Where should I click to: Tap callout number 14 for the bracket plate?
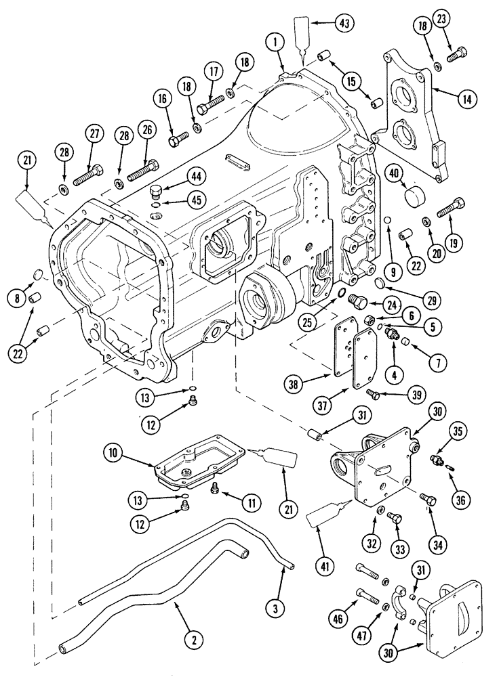click(465, 99)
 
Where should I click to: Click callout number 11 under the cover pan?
click(252, 502)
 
